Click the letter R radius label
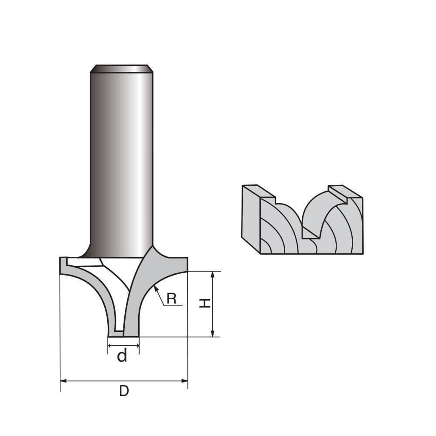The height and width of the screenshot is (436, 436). tap(171, 299)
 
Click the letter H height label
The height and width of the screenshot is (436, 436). tap(204, 304)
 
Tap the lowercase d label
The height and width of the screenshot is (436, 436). tap(123, 357)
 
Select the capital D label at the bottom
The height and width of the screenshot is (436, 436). tap(124, 391)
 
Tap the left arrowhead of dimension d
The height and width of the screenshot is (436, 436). tap(110, 346)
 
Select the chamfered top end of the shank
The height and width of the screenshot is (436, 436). tap(121, 68)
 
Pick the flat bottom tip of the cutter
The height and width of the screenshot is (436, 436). tap(124, 335)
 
